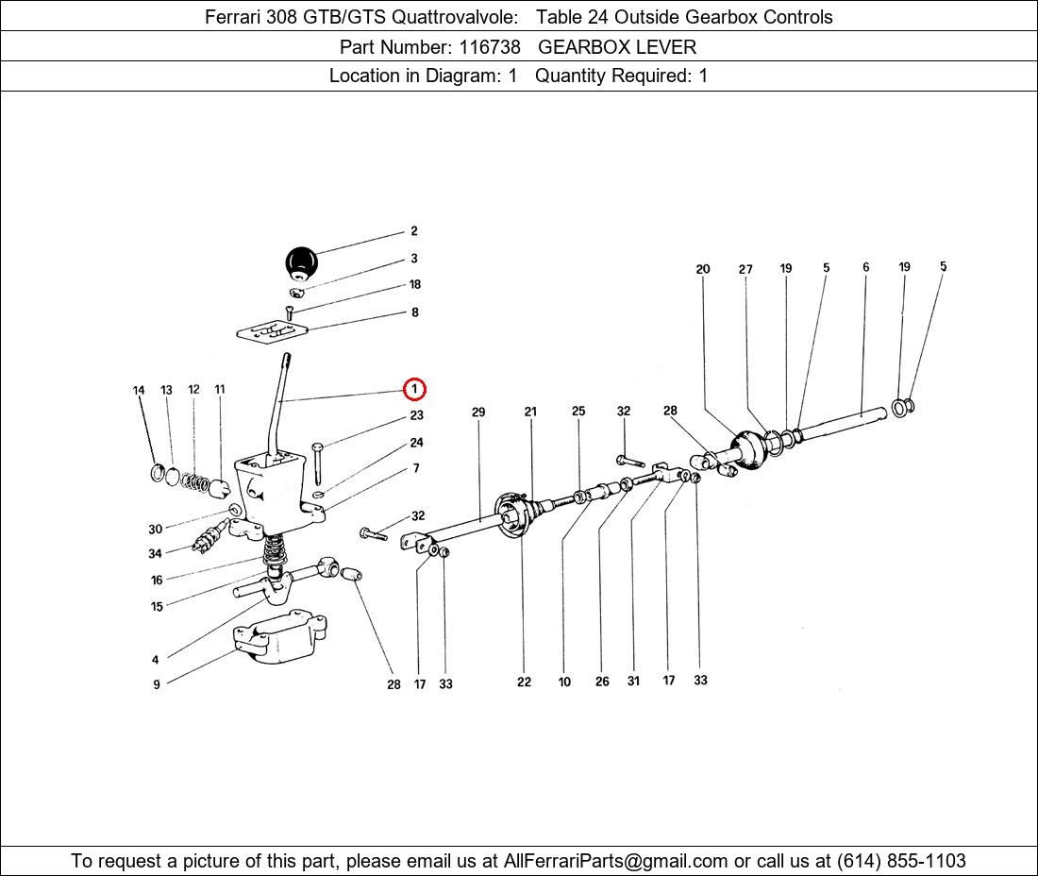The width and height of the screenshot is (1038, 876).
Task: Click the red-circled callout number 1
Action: pyautogui.click(x=414, y=388)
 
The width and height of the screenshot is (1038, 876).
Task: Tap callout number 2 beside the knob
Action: pyautogui.click(x=413, y=231)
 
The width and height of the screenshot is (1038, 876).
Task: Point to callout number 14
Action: pyautogui.click(x=139, y=391)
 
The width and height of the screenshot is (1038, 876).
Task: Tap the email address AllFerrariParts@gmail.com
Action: pyautogui.click(x=616, y=861)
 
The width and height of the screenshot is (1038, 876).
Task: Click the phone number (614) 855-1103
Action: pyautogui.click(x=900, y=861)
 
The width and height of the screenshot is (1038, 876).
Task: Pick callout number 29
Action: pyautogui.click(x=478, y=412)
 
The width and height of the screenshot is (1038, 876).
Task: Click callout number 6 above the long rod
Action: pyautogui.click(x=865, y=268)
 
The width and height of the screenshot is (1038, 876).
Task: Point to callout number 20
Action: pyautogui.click(x=703, y=270)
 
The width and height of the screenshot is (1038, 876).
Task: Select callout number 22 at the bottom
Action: pyautogui.click(x=524, y=682)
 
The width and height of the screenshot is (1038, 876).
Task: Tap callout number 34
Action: pyautogui.click(x=155, y=554)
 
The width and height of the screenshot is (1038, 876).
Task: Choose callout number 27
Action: pyautogui.click(x=745, y=270)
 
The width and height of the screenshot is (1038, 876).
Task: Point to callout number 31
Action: pyautogui.click(x=633, y=681)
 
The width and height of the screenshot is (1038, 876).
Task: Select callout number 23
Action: pyautogui.click(x=416, y=415)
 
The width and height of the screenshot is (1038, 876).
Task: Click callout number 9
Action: pyautogui.click(x=157, y=684)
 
